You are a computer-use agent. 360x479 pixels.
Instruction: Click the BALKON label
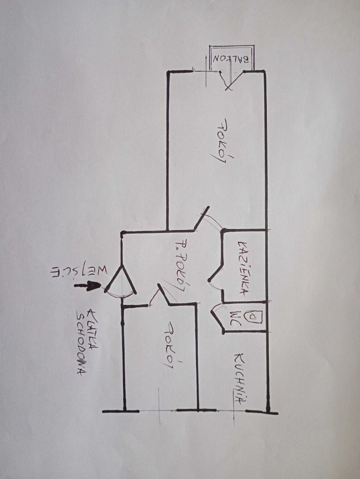point(232,59)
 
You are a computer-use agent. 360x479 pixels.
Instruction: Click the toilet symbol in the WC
point(252,317)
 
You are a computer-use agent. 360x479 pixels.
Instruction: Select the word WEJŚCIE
point(80,271)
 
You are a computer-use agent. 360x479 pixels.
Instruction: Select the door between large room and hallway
point(202,218)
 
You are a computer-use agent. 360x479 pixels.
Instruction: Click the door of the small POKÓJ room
point(164,294)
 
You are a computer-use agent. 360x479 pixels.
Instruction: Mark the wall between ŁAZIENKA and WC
point(245,302)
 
